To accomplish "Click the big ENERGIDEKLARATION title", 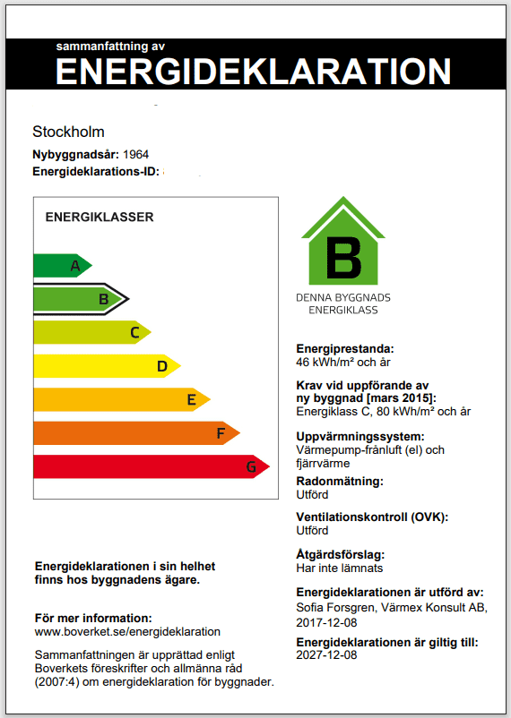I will (254, 71).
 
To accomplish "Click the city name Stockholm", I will (68, 132).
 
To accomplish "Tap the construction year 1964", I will (136, 154).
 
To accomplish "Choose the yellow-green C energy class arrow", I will (90, 333).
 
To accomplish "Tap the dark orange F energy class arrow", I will (134, 433).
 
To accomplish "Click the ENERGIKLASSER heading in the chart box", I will (100, 217).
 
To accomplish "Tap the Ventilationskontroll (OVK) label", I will (371, 517).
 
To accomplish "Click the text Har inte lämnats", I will (339, 568).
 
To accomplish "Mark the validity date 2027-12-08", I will (326, 655).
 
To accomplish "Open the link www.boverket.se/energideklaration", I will (127, 631).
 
